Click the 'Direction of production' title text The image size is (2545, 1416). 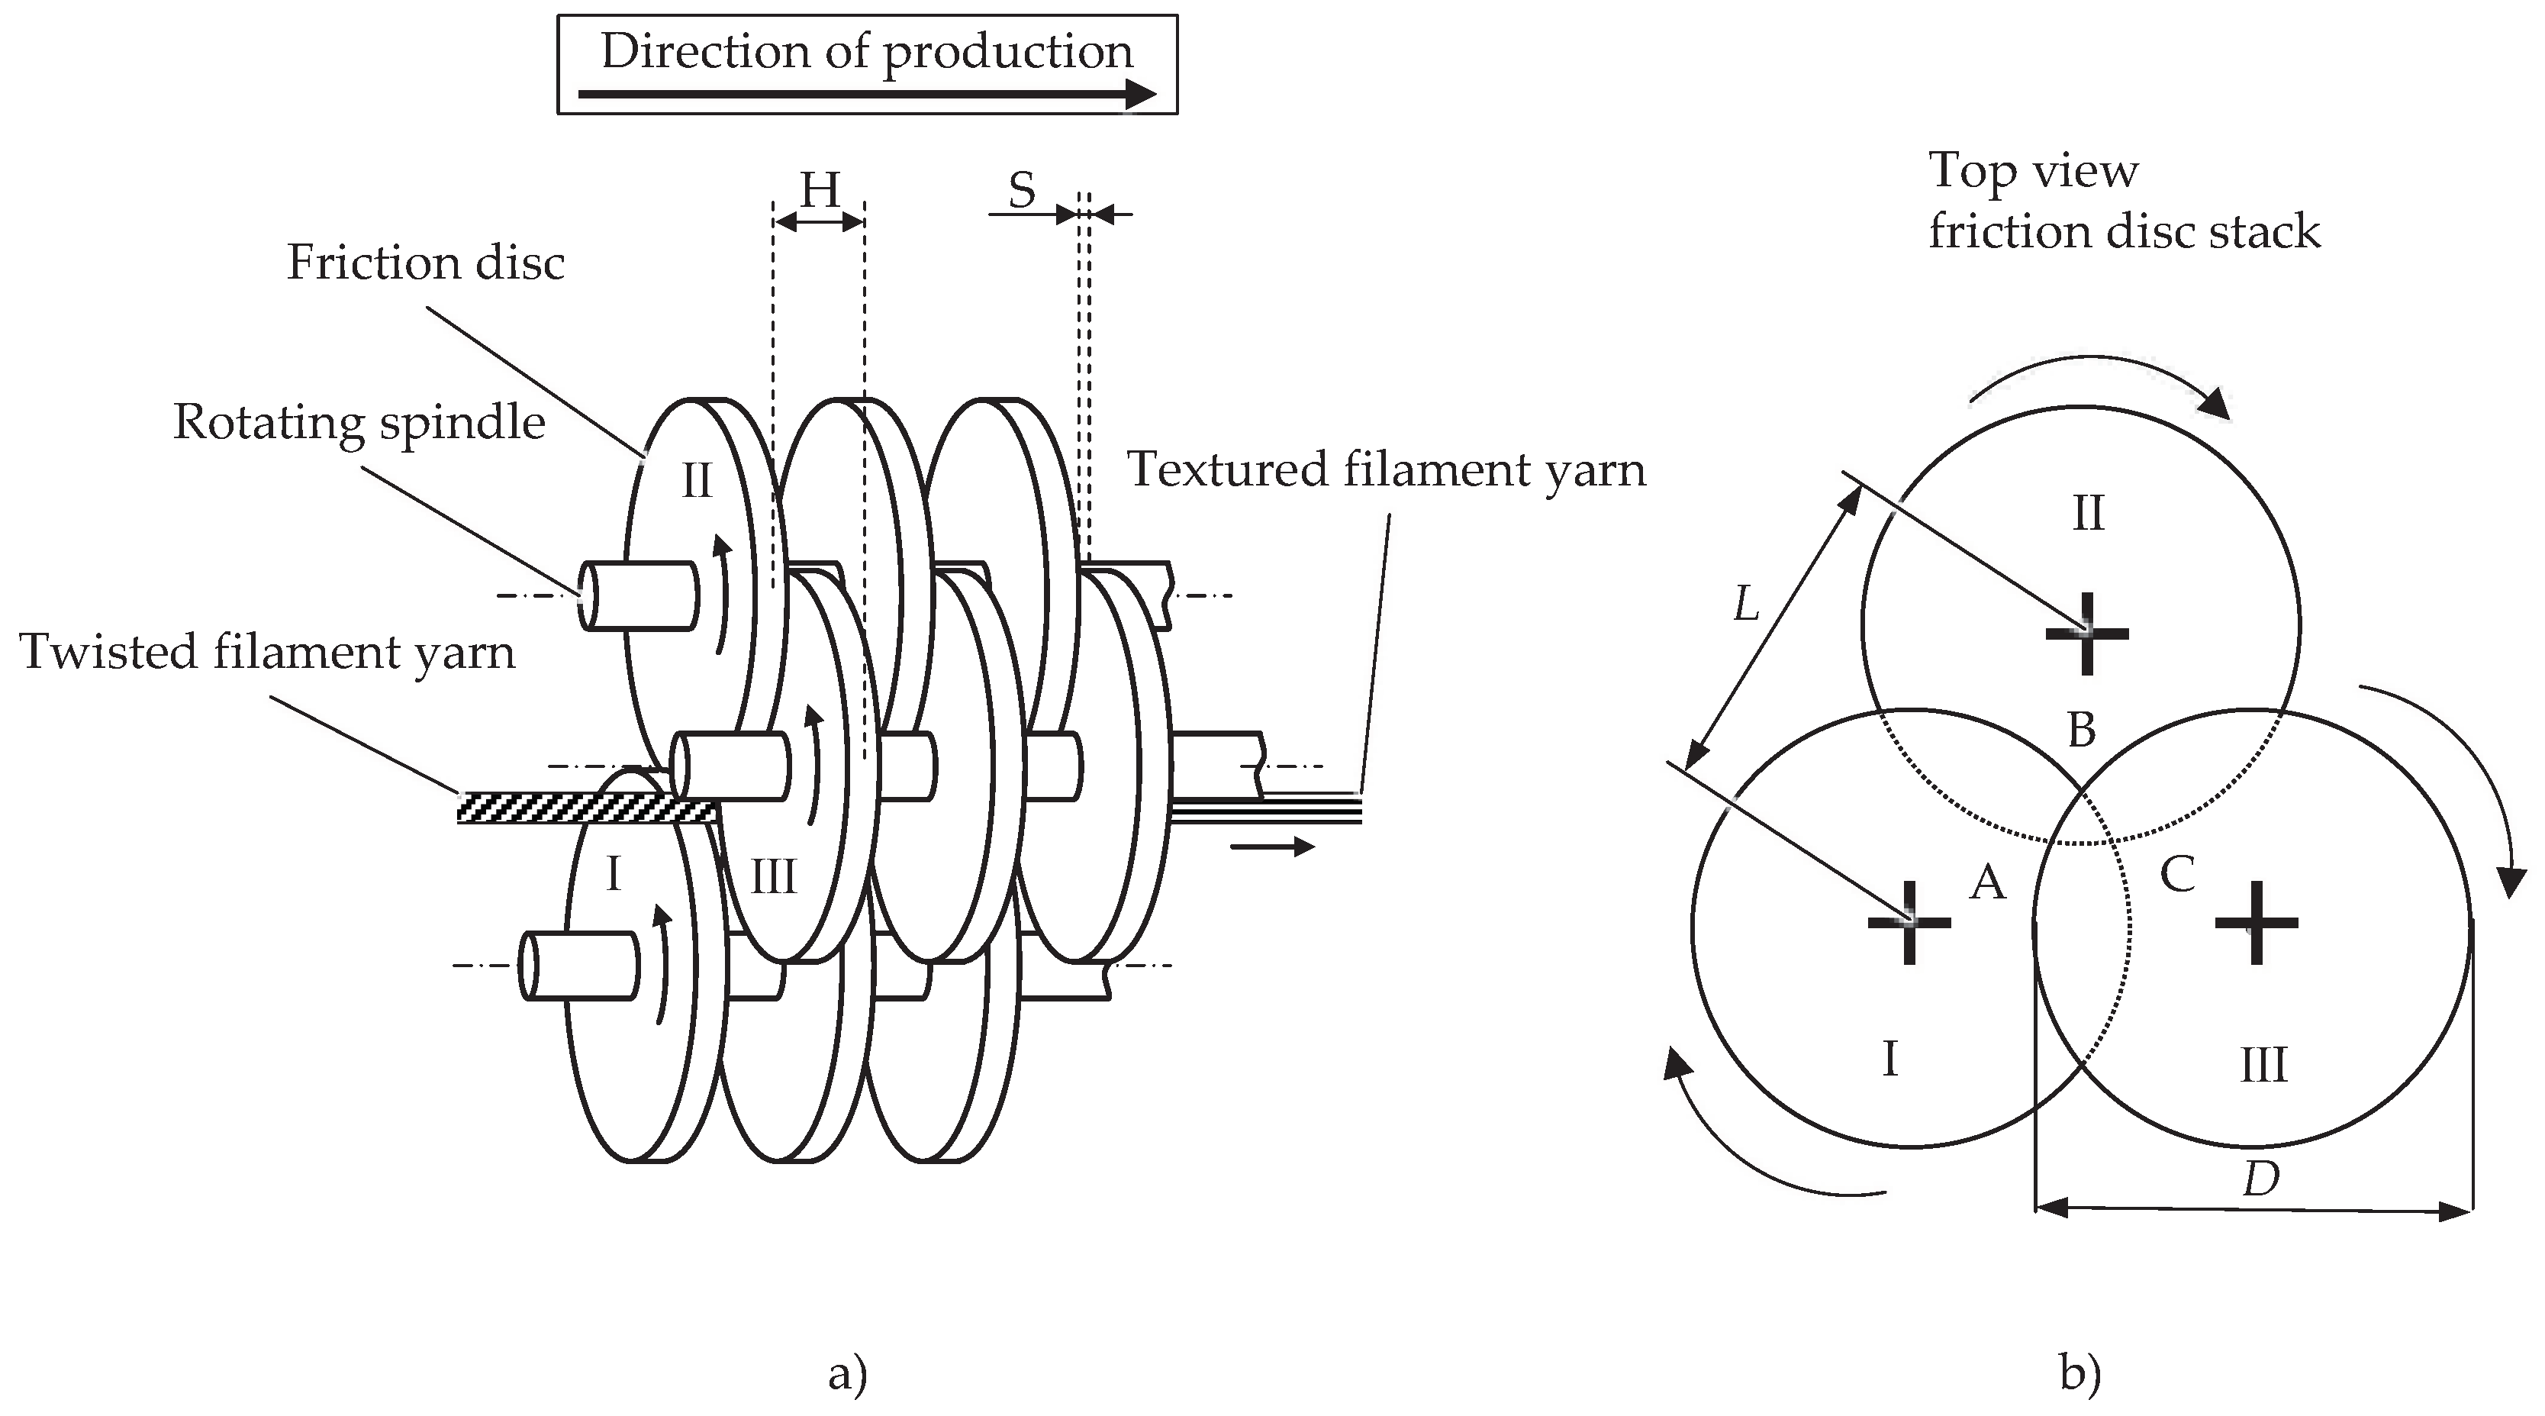(866, 51)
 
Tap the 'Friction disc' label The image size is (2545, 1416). (426, 263)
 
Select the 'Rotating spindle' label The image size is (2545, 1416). (359, 423)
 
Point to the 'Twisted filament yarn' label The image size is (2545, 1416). (267, 652)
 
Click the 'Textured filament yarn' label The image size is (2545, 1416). (1386, 469)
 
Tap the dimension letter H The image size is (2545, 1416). (819, 190)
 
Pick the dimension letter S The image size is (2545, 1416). (1022, 190)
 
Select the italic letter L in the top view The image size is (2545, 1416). (1747, 604)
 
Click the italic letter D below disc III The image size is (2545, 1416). (2261, 1179)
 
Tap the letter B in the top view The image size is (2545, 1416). (2081, 731)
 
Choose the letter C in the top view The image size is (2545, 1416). (2177, 873)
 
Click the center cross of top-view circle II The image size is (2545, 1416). (2086, 634)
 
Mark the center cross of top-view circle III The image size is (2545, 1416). (2256, 923)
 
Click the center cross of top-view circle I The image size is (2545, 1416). (1909, 923)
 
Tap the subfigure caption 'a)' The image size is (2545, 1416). (847, 1375)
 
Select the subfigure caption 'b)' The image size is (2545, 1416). (2081, 1375)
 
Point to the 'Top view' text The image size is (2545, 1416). (2033, 171)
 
